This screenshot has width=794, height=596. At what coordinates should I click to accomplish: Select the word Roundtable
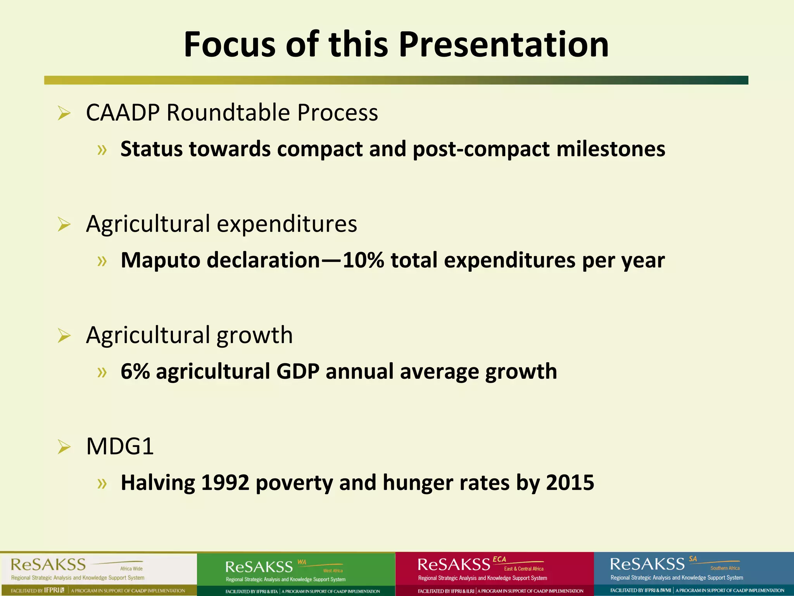tap(228, 113)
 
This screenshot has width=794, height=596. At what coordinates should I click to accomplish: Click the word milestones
tap(611, 149)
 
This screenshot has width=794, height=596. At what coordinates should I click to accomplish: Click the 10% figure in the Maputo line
tap(363, 260)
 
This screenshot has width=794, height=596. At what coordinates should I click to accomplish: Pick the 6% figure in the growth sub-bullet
tap(135, 371)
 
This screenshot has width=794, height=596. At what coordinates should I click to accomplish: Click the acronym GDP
tap(297, 371)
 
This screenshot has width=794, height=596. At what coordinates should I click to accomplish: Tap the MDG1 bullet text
tap(120, 446)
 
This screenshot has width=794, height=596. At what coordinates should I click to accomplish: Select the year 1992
tap(225, 483)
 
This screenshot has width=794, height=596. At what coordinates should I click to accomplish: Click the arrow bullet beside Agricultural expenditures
tap(64, 225)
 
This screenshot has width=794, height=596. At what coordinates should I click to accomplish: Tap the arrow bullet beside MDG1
tap(64, 447)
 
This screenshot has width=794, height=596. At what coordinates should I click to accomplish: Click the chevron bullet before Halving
tap(102, 483)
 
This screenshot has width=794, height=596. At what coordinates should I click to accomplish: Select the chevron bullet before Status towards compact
tap(102, 150)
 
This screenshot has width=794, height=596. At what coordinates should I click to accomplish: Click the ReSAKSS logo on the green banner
tap(259, 567)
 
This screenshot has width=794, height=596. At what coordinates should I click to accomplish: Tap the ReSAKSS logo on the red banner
tap(454, 564)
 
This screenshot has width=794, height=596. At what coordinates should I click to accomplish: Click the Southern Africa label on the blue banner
tap(725, 568)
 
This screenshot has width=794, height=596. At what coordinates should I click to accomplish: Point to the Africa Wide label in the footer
tap(131, 568)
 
